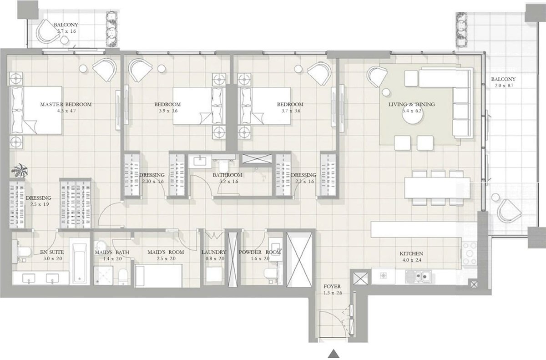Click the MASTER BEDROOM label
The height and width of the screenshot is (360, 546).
[x=66, y=104]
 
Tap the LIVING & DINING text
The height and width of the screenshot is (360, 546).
[x=411, y=104]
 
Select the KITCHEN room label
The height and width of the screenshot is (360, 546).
[x=411, y=254]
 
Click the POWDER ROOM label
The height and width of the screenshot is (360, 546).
[x=260, y=252]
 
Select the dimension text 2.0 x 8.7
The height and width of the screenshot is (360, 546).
[x=503, y=86]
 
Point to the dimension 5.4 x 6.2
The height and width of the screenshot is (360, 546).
[x=411, y=111]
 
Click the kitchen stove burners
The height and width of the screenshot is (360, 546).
[x=469, y=251]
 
